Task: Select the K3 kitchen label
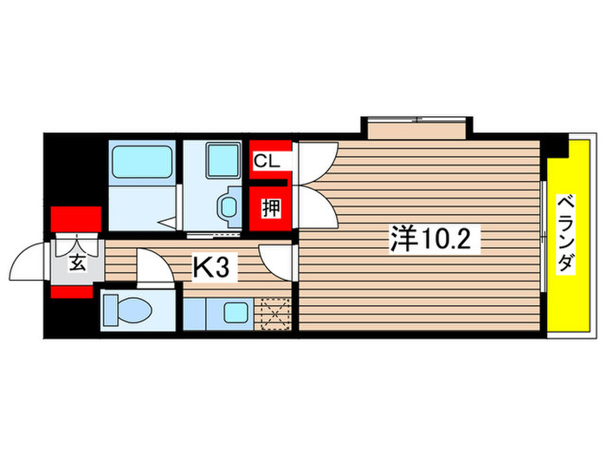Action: (x=210, y=268)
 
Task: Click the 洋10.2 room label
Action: (x=434, y=237)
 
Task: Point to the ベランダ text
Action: (x=567, y=235)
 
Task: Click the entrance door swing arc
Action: (x=30, y=260)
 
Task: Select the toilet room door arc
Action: (x=151, y=263)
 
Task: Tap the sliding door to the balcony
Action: (x=545, y=238)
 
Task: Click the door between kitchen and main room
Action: (x=278, y=257)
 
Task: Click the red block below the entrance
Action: (x=70, y=289)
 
